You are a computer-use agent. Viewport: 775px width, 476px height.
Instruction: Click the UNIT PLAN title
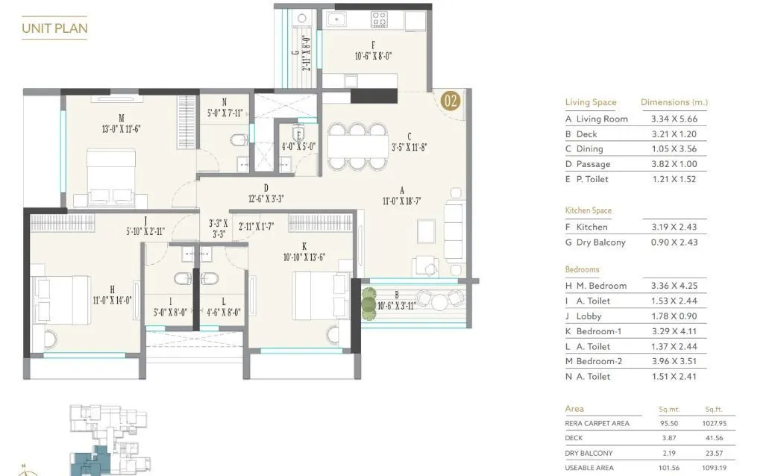pyautogui.click(x=54, y=28)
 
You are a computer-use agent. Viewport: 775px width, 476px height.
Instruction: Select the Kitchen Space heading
pyautogui.click(x=588, y=210)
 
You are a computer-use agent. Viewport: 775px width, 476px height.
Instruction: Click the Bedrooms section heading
pyautogui.click(x=582, y=269)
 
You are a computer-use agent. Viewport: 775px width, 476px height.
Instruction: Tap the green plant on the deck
pyautogui.click(x=369, y=304)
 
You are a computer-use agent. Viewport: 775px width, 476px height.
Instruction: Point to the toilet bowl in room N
pyautogui.click(x=238, y=140)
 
